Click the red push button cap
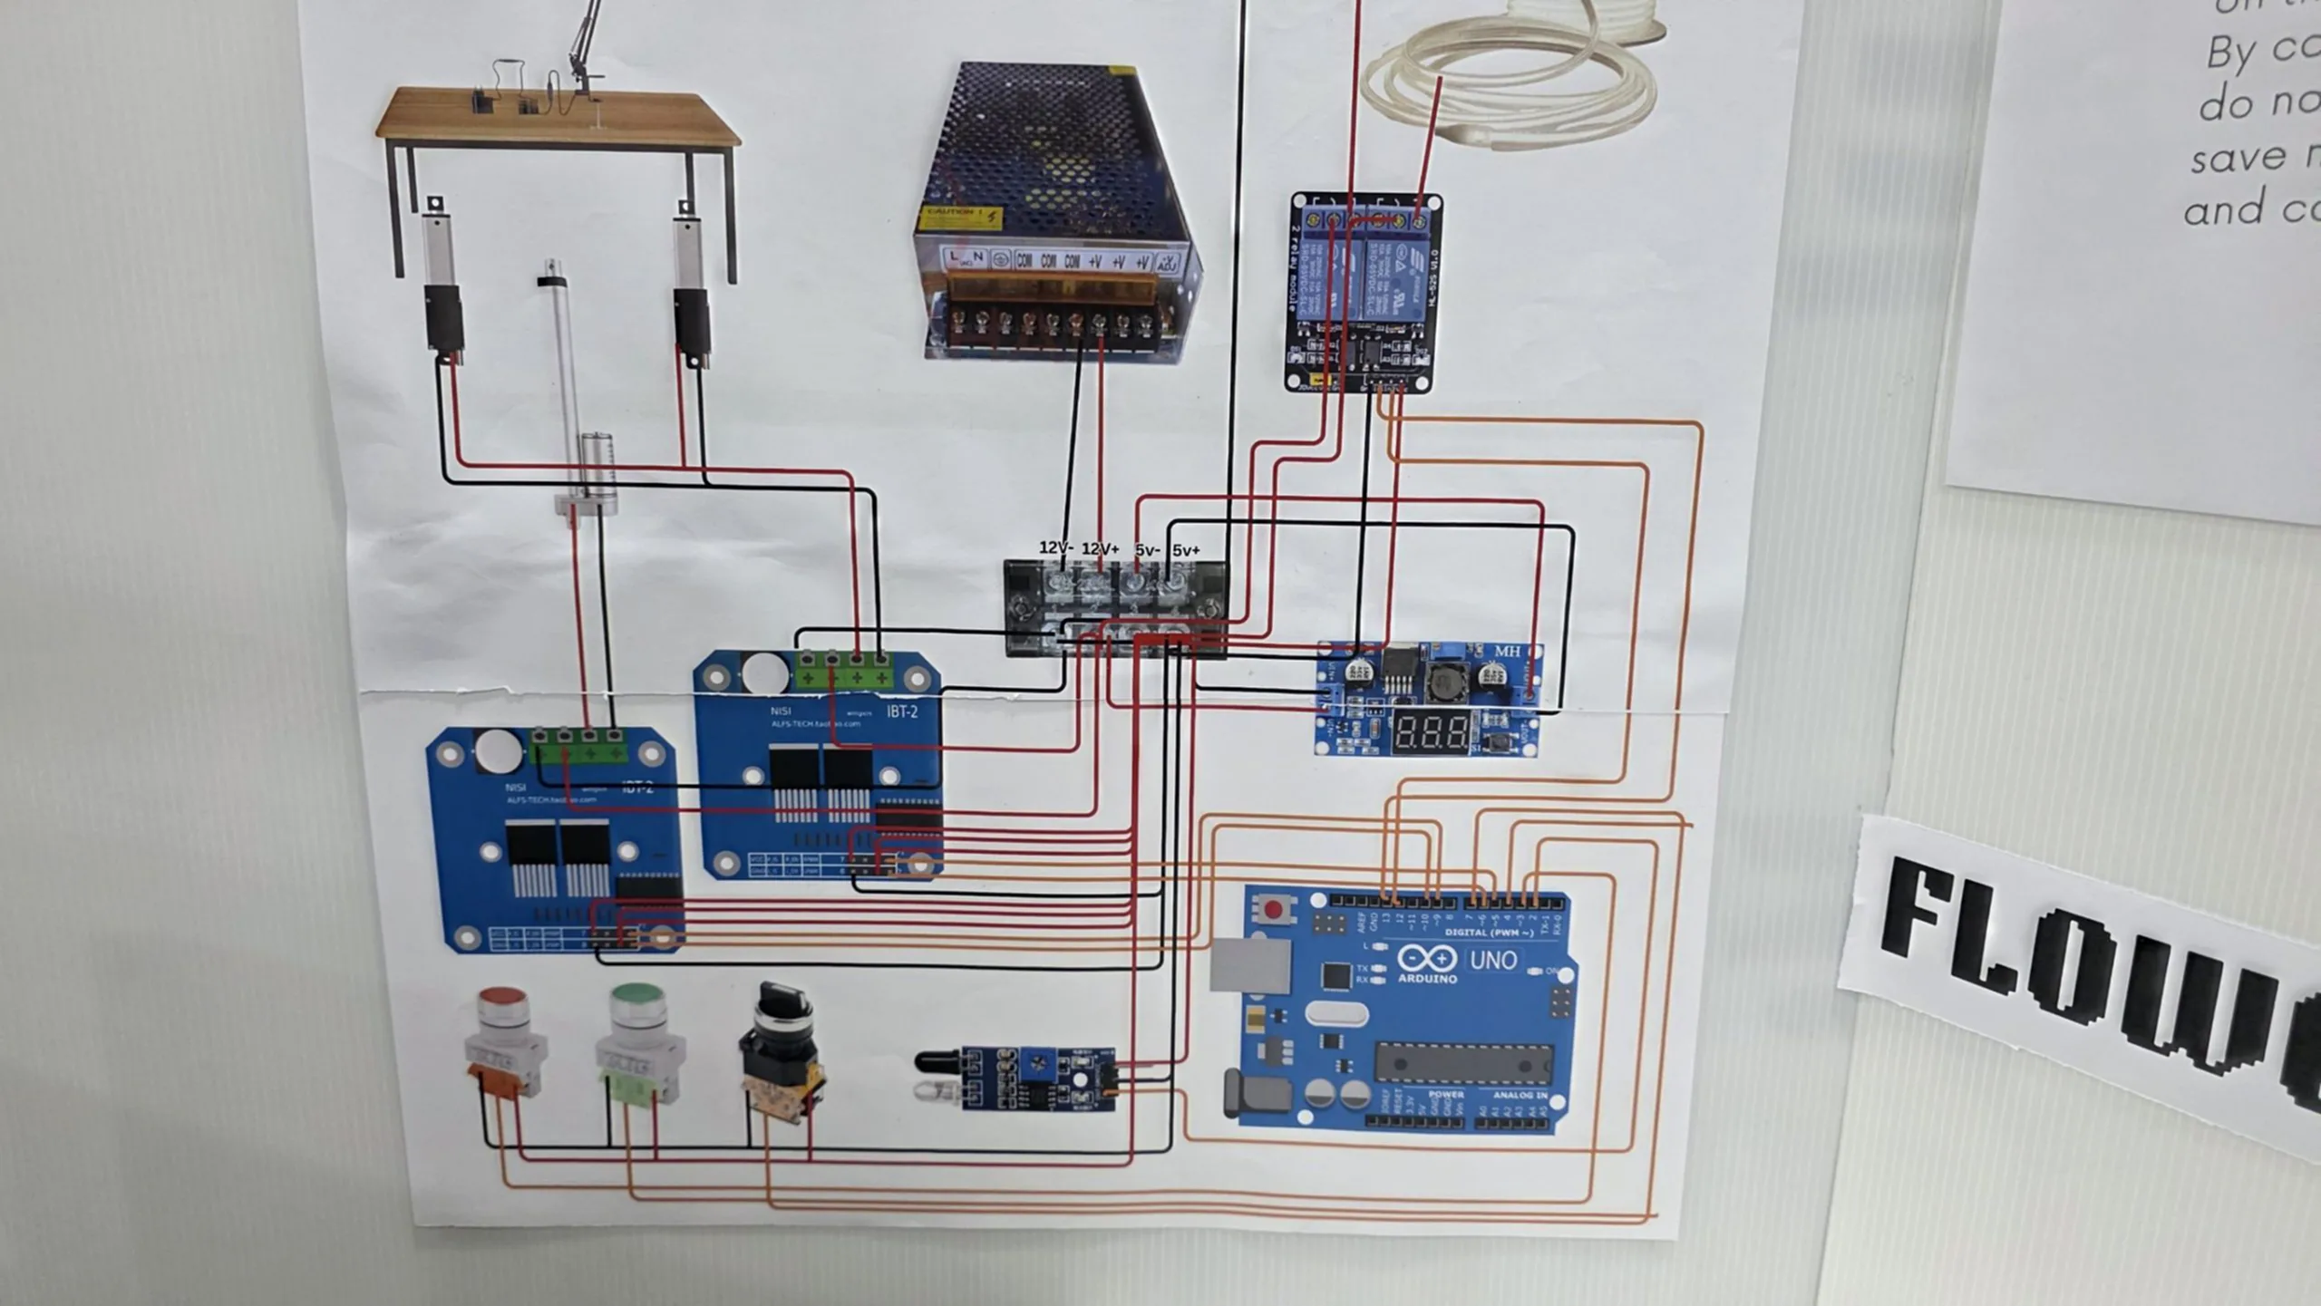click(x=505, y=1001)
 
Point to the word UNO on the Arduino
click(x=1492, y=960)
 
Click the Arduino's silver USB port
click(x=1250, y=965)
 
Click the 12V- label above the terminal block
click(x=1056, y=547)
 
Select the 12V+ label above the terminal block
click(x=1101, y=548)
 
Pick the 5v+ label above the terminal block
click(x=1186, y=550)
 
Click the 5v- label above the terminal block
click(x=1147, y=550)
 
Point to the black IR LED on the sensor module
click(x=937, y=1060)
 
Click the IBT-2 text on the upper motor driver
click(x=901, y=711)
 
